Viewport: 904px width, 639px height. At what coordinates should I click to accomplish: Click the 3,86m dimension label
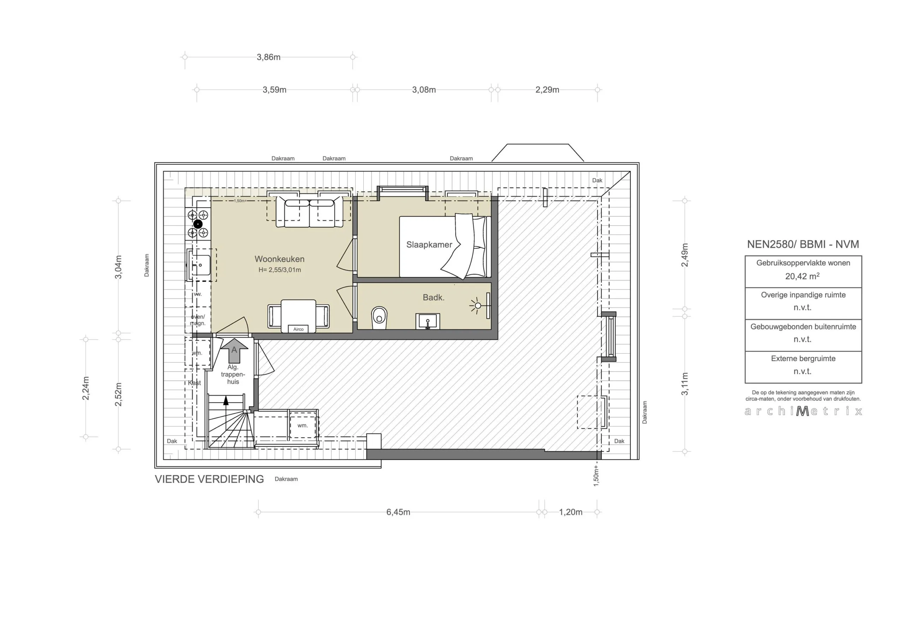click(268, 57)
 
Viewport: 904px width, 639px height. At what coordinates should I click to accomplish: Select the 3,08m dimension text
click(424, 90)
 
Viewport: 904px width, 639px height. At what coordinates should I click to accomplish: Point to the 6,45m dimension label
click(398, 512)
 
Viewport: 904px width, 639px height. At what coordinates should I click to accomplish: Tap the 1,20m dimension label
click(571, 512)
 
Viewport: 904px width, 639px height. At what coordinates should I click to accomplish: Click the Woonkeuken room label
click(279, 259)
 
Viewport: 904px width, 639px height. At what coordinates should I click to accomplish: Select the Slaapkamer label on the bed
click(429, 245)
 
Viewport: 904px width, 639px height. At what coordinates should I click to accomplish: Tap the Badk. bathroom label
click(434, 297)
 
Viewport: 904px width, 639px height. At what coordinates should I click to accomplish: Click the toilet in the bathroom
click(379, 318)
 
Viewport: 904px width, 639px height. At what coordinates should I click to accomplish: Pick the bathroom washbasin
click(428, 321)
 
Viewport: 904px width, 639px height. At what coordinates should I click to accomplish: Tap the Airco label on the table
click(298, 329)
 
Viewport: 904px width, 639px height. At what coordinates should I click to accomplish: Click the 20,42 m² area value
click(802, 276)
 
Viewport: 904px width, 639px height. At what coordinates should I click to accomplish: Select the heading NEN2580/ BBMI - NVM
click(803, 244)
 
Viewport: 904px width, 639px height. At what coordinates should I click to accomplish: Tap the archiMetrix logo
click(803, 411)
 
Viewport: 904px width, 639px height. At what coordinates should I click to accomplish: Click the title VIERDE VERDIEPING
click(209, 479)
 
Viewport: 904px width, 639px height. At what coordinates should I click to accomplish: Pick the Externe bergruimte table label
click(803, 359)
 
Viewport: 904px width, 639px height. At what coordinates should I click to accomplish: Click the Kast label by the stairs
click(194, 383)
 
